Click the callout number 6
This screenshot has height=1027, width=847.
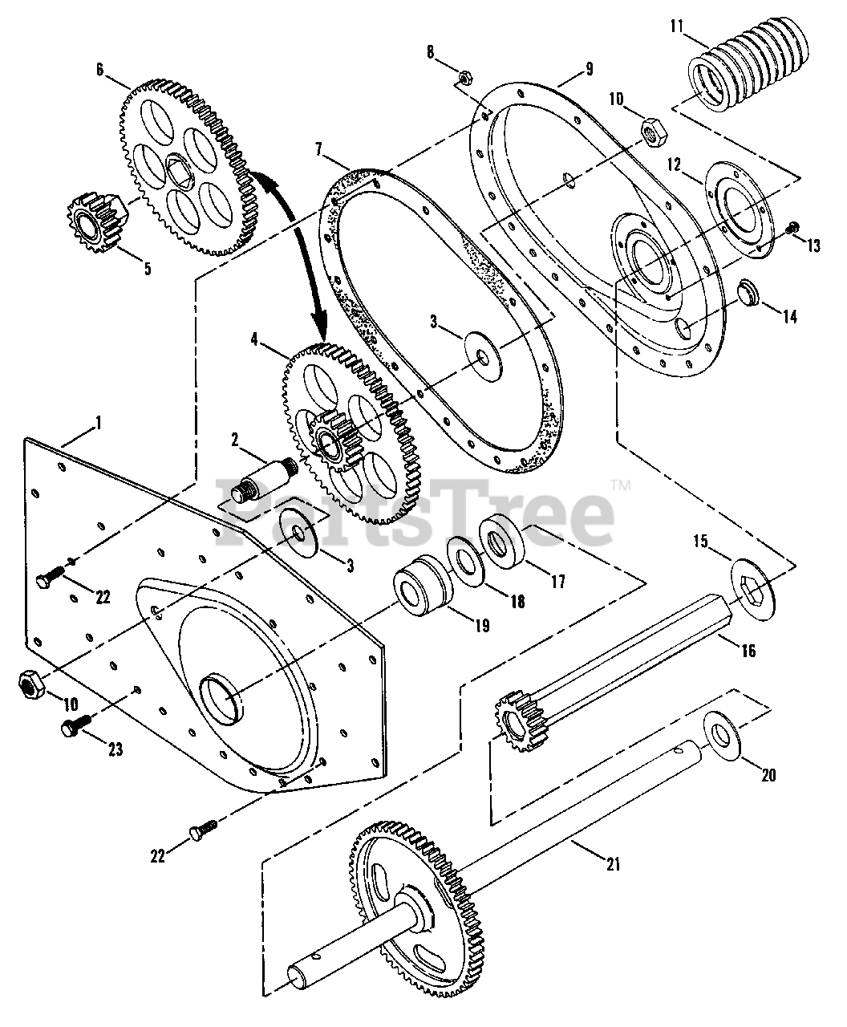coord(100,69)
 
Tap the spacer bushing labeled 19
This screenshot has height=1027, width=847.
coord(423,591)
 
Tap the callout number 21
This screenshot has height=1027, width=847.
coord(612,865)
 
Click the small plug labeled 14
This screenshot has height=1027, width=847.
coord(751,292)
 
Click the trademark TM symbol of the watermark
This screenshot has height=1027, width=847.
coord(621,485)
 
